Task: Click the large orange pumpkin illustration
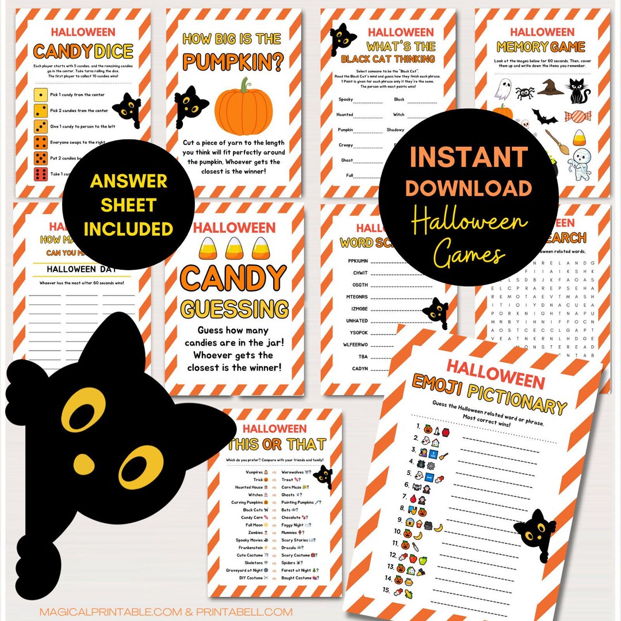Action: (x=244, y=109)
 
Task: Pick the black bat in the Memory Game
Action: (x=544, y=117)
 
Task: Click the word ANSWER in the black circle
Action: (x=128, y=182)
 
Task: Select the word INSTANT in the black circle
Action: (x=469, y=158)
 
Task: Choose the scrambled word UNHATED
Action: (x=357, y=321)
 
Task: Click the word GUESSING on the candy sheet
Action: (x=235, y=308)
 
